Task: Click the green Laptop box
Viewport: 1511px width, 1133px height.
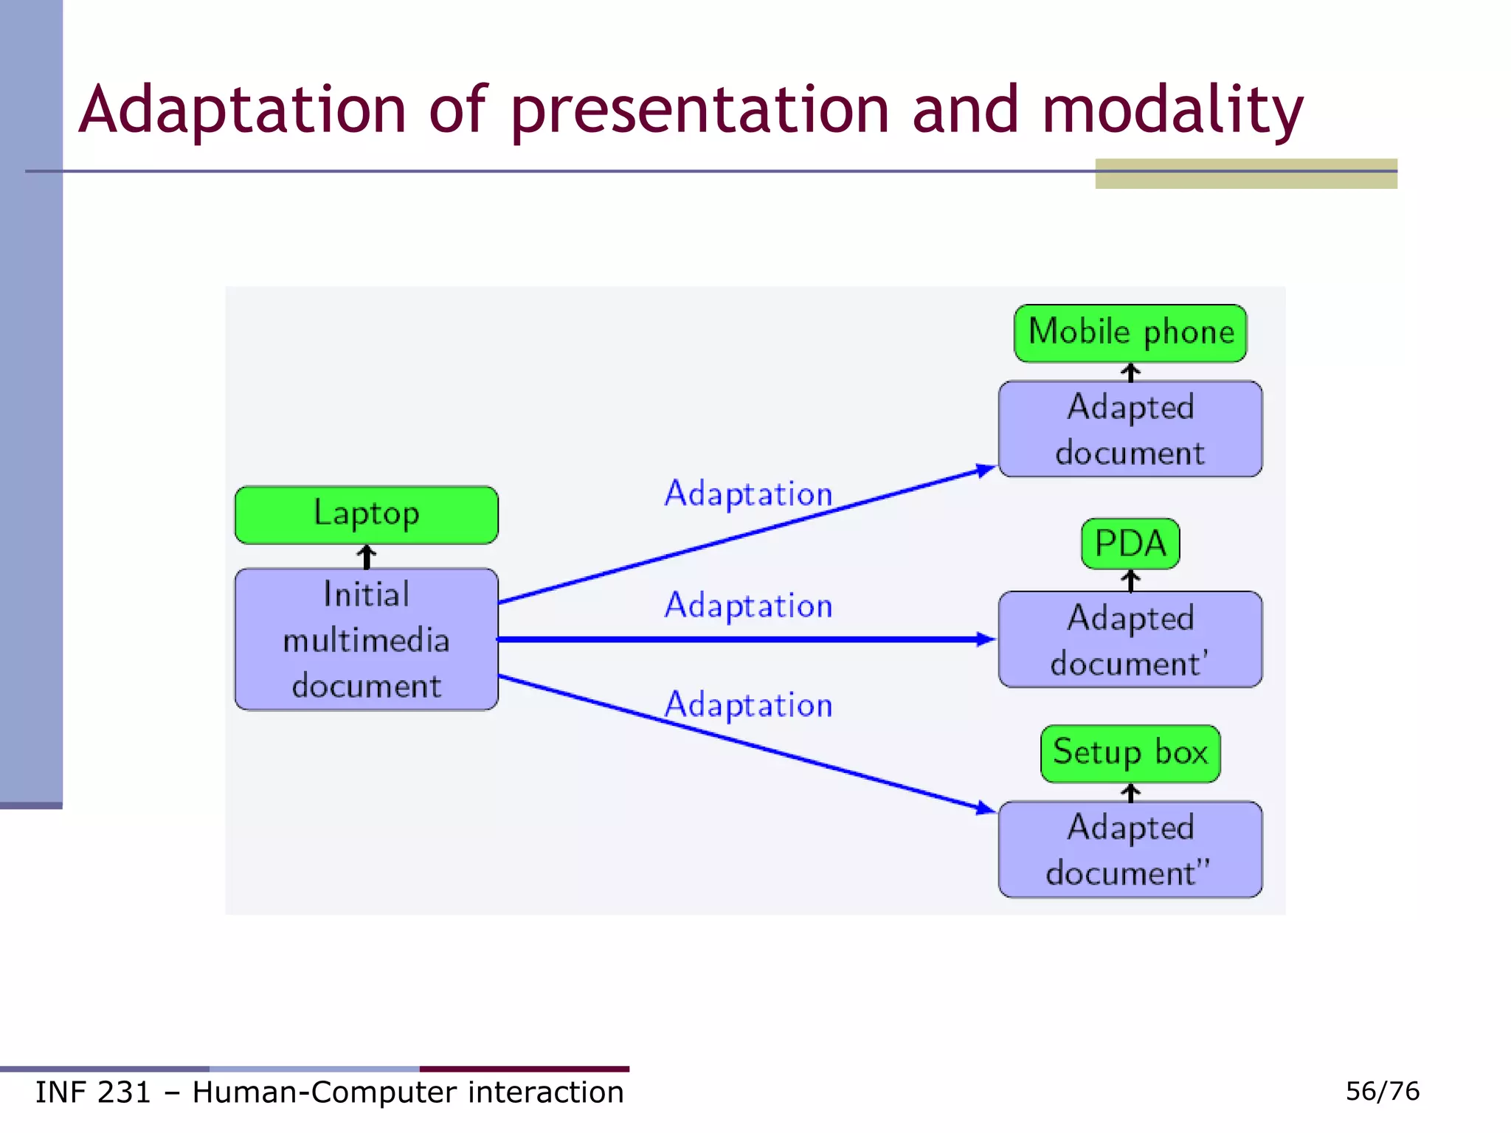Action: (x=366, y=514)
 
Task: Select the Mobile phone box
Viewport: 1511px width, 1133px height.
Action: (x=1130, y=333)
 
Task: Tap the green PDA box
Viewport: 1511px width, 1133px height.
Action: (x=1130, y=544)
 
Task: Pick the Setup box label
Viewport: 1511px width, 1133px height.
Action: (x=1130, y=753)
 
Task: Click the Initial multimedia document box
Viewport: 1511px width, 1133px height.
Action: (x=366, y=640)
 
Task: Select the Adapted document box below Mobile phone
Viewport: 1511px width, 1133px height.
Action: (x=1130, y=429)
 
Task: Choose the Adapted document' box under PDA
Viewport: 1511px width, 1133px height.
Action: (x=1130, y=640)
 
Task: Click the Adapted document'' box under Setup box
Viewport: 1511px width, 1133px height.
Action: (x=1130, y=849)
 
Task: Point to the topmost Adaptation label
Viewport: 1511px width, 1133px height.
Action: (x=747, y=493)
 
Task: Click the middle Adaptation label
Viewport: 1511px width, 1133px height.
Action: (x=747, y=606)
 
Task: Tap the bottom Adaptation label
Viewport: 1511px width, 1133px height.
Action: (x=747, y=705)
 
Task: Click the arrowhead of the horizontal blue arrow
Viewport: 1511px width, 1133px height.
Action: (x=986, y=640)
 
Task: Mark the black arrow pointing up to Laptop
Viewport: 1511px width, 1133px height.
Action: (x=367, y=556)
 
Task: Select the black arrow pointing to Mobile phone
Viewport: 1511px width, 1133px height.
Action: (x=1130, y=372)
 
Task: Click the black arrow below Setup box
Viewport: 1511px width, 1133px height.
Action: (x=1130, y=792)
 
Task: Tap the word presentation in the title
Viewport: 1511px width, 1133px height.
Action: (x=699, y=111)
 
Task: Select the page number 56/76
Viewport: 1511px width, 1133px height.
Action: (x=1382, y=1091)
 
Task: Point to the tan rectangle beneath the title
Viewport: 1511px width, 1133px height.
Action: (x=1245, y=175)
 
